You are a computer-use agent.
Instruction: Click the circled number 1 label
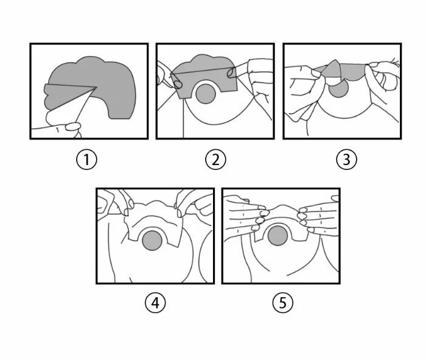[x=87, y=160]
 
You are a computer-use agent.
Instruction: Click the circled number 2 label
[x=215, y=160]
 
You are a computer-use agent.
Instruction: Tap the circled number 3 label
[x=346, y=160]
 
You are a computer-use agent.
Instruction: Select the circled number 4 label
[x=155, y=303]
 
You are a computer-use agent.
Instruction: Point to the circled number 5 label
[x=282, y=303]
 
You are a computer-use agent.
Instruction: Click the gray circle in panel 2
[x=206, y=95]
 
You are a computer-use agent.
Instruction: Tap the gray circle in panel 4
[x=153, y=240]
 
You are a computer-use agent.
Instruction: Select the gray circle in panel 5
[x=279, y=236]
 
